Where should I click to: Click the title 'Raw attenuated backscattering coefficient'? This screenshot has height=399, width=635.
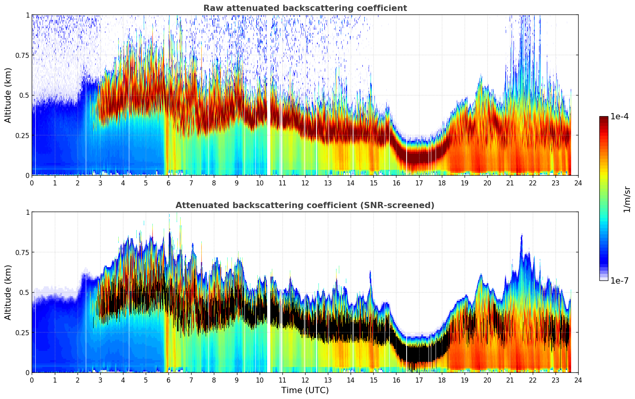click(305, 8)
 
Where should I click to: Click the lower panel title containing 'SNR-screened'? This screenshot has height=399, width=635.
click(305, 205)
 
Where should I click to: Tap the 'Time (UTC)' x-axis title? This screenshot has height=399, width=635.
click(305, 390)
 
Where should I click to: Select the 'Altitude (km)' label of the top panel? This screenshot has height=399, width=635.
click(8, 95)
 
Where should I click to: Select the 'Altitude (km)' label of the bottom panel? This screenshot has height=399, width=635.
click(8, 292)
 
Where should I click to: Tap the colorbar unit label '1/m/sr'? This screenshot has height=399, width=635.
click(627, 199)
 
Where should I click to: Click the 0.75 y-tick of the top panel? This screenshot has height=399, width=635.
click(22, 55)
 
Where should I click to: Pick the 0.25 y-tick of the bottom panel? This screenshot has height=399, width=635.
click(22, 332)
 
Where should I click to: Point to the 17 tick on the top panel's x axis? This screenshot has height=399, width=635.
click(419, 183)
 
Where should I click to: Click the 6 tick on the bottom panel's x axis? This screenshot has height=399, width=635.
click(168, 380)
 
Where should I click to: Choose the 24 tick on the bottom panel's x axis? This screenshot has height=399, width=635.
click(578, 380)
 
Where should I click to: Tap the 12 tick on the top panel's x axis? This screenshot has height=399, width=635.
click(305, 183)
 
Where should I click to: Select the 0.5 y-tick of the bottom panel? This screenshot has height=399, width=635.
click(24, 292)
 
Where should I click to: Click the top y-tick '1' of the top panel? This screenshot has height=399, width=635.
click(27, 15)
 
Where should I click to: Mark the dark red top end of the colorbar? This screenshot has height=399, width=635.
click(604, 118)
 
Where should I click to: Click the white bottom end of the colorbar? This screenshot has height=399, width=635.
click(604, 279)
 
